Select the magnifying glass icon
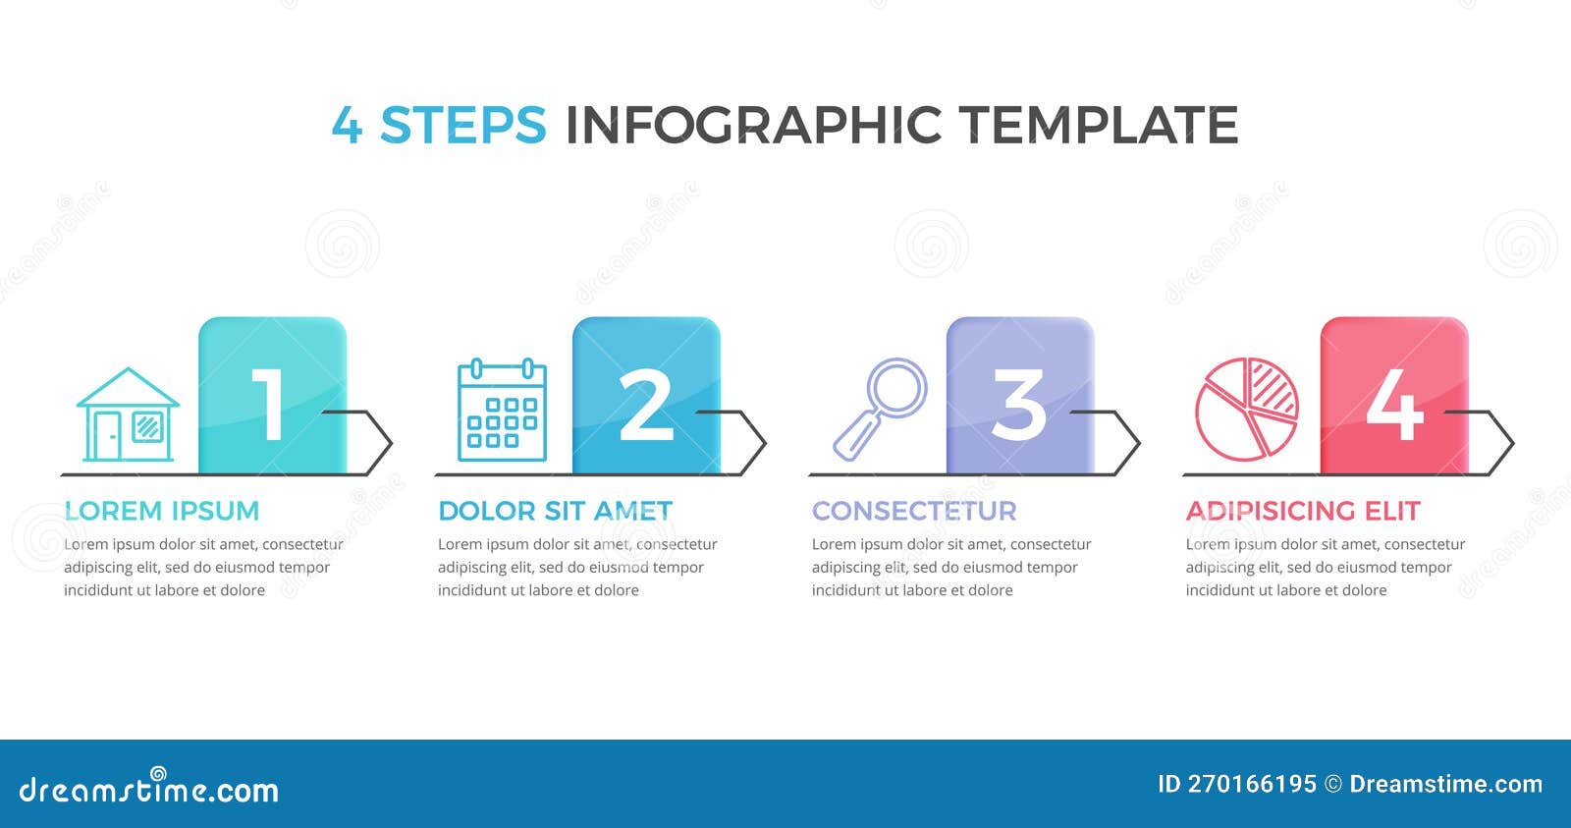point(881,408)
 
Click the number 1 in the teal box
point(268,404)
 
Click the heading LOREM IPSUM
point(162,511)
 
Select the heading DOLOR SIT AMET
point(555,511)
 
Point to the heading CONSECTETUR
point(914,511)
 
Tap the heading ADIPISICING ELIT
point(1303,511)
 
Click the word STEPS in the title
point(462,125)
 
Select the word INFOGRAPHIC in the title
point(753,125)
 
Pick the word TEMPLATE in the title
point(1098,125)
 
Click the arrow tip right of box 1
point(389,443)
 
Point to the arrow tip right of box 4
point(1510,443)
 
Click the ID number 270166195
point(1251,784)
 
